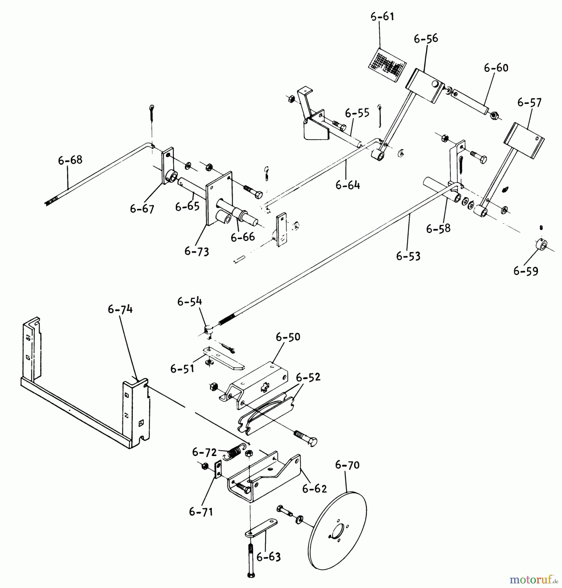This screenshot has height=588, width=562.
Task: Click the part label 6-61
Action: [382, 17]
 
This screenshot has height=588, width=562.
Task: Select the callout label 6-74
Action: [120, 309]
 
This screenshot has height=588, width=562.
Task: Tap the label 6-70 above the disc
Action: [347, 465]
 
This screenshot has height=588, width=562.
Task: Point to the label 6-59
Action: [526, 271]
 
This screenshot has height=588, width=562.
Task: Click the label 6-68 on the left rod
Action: [70, 160]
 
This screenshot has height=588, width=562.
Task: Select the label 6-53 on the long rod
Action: [408, 256]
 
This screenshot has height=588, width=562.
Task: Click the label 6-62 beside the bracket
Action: [314, 489]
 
